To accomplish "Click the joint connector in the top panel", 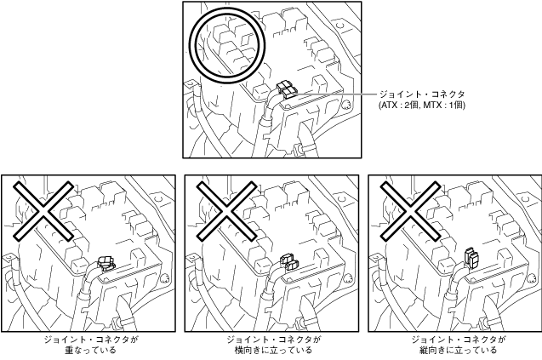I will tap(285, 90).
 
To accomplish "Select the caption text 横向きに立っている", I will tap(273, 350).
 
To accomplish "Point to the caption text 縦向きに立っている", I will tap(457, 350).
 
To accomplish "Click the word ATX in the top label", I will tap(391, 105).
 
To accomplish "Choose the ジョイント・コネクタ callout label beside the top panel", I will tap(422, 94).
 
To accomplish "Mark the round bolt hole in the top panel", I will tap(347, 106).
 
